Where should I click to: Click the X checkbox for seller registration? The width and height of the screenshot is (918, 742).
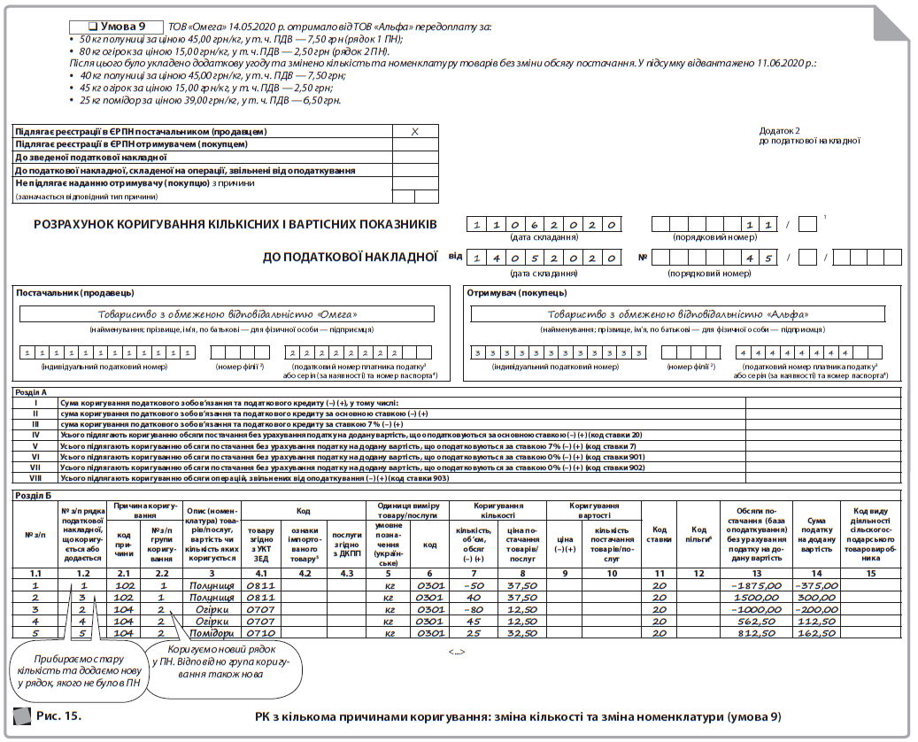pos(415,131)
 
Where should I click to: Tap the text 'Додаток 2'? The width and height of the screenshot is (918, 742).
pos(779,130)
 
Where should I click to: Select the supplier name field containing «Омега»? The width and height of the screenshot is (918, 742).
pos(228,313)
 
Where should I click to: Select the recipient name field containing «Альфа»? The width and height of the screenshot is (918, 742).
pos(677,313)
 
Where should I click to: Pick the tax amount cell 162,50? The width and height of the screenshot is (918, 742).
pos(816,633)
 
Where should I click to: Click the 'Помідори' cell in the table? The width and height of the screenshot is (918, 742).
pos(212,633)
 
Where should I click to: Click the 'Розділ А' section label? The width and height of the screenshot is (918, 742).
pos(33,391)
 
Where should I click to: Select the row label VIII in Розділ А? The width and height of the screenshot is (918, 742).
pos(35,478)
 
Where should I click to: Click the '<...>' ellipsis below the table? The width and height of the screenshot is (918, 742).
pos(457,652)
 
